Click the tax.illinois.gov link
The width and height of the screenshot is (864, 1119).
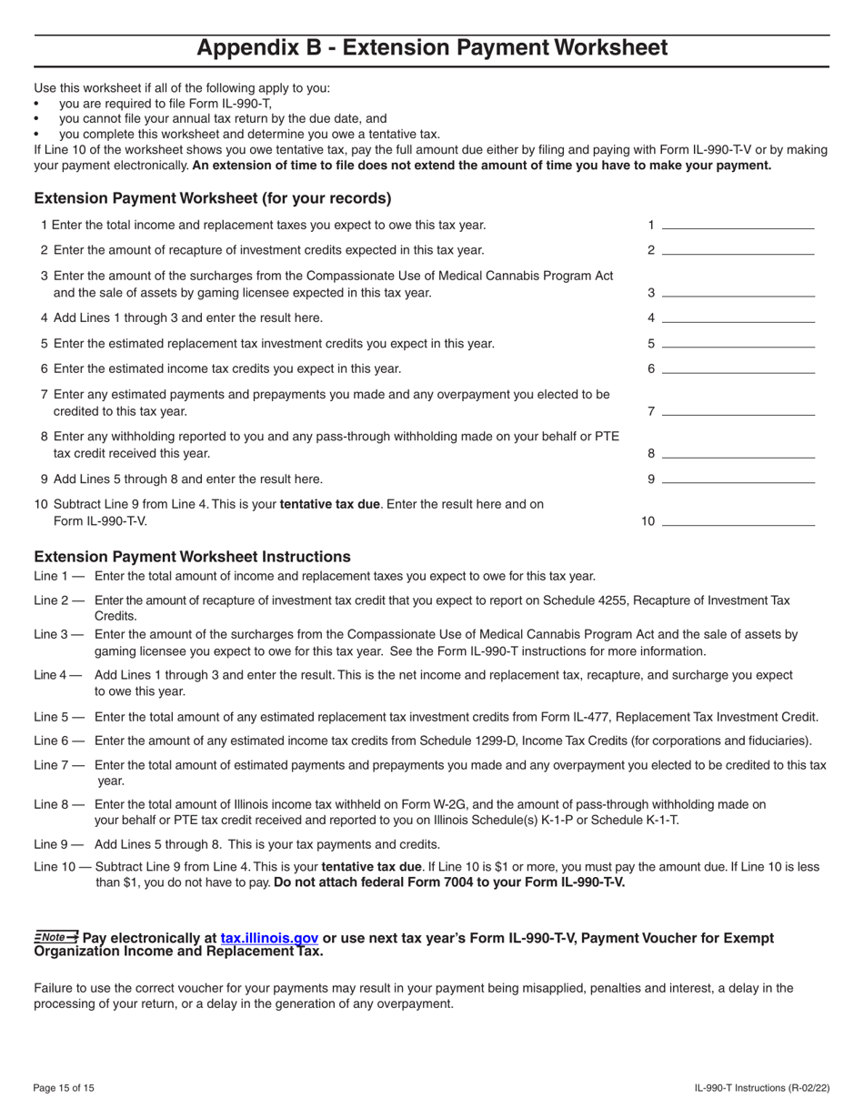(x=269, y=938)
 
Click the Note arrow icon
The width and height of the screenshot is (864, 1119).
(x=56, y=937)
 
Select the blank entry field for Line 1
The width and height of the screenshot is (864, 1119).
(x=738, y=225)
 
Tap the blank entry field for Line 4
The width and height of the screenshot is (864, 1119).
(x=738, y=318)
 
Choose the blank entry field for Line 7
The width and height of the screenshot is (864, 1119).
(x=738, y=411)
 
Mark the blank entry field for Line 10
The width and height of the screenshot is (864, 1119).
(x=738, y=521)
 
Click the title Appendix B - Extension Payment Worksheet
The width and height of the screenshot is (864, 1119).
(x=432, y=48)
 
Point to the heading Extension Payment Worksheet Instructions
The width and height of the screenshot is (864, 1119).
(x=192, y=557)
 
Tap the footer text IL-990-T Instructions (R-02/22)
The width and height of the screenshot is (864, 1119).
(x=760, y=1088)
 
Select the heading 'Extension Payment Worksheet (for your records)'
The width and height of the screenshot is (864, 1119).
(x=213, y=198)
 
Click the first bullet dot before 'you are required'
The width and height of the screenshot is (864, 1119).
(x=36, y=105)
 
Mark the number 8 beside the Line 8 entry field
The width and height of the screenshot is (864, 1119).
(x=651, y=453)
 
